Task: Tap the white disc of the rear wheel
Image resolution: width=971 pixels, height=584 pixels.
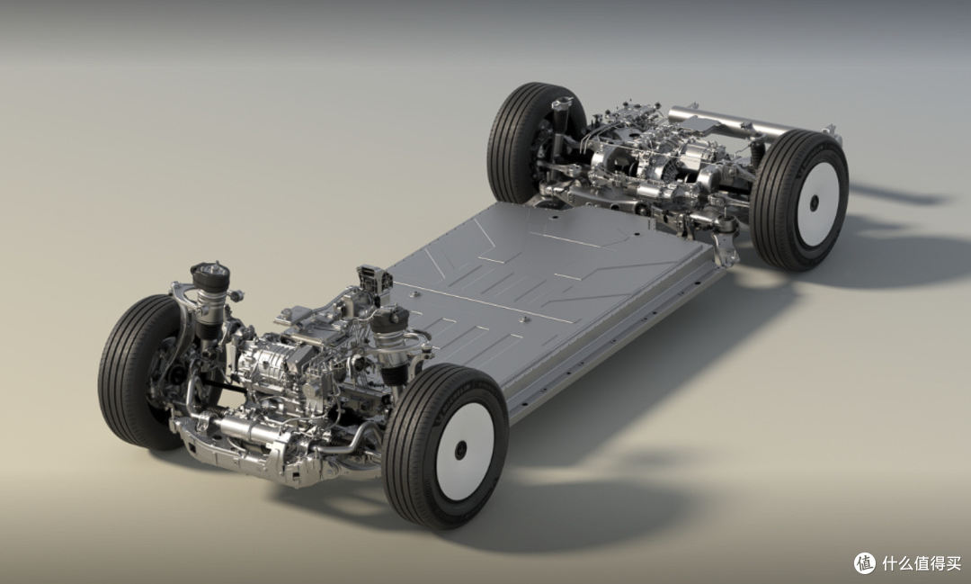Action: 817,204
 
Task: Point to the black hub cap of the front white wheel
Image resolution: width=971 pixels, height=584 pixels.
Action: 460,450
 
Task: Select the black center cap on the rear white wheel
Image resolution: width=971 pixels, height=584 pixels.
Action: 814,203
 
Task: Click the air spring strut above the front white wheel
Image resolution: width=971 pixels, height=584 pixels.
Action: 390,341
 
